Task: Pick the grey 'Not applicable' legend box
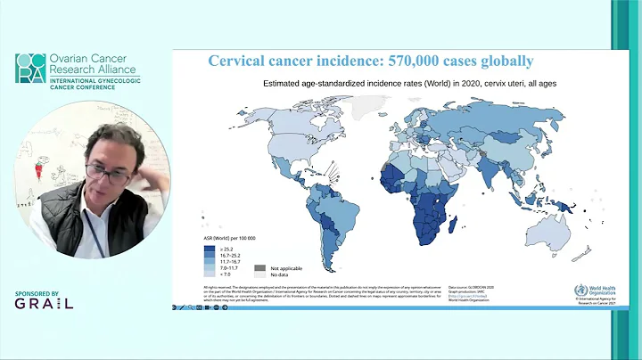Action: tap(259, 266)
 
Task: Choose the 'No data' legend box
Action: tap(259, 274)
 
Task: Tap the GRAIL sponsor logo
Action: tap(44, 303)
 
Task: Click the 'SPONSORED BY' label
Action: tap(37, 292)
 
